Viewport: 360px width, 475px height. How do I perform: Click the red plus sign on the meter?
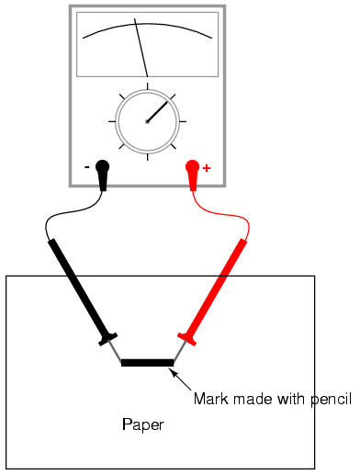point(207,168)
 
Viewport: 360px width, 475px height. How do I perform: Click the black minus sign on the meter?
point(87,167)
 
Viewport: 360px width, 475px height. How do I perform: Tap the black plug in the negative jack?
point(103,175)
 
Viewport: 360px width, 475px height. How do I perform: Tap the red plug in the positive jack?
point(193,175)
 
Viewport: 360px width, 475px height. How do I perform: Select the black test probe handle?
point(82,291)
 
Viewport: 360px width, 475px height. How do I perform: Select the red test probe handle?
point(213,291)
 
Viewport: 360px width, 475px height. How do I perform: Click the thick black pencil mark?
point(147,363)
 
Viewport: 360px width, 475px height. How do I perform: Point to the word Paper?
point(143,424)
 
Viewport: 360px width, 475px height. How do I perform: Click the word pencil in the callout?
point(332,400)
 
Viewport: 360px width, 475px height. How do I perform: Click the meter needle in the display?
point(141,48)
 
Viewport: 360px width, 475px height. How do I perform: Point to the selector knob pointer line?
point(158,111)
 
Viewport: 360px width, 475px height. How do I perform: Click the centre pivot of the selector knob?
point(147,121)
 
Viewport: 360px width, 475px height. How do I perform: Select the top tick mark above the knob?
point(148,86)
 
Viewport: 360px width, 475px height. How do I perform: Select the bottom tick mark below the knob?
point(148,157)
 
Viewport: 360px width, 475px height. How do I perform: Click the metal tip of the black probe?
point(116,350)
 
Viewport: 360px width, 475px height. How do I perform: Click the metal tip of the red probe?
point(180,350)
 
